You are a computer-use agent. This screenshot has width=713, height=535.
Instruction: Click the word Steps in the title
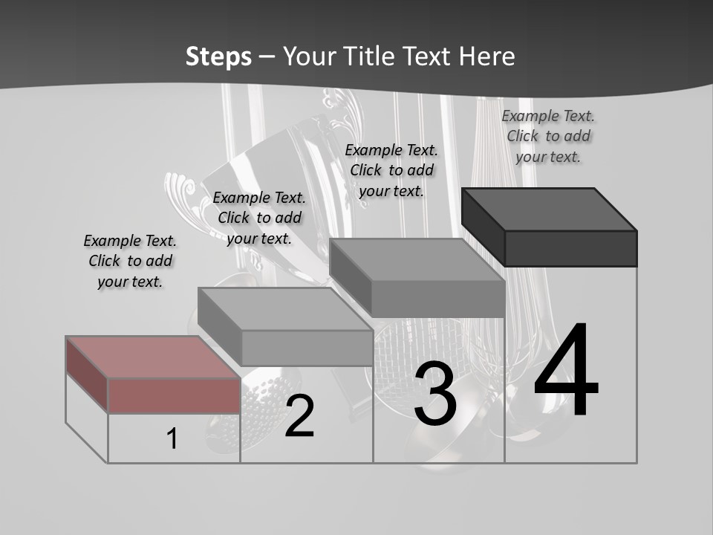[218, 56]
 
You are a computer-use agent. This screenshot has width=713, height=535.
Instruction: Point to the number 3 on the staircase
[435, 393]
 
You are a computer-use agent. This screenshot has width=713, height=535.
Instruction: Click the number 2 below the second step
[299, 416]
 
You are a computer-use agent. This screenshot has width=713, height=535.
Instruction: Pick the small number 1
[172, 438]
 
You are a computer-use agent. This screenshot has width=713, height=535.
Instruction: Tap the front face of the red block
[174, 395]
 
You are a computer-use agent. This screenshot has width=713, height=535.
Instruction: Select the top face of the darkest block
[550, 209]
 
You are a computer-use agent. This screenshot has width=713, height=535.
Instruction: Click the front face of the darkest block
[570, 248]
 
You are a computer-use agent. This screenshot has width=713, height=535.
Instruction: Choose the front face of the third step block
[437, 299]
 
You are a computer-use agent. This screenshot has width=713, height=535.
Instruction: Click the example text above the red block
[130, 261]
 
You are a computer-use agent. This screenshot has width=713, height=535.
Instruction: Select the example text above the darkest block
[548, 136]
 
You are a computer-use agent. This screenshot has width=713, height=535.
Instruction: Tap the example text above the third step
[391, 170]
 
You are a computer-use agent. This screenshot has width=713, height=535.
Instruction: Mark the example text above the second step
[259, 218]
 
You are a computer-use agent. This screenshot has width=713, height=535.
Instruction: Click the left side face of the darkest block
[483, 227]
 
